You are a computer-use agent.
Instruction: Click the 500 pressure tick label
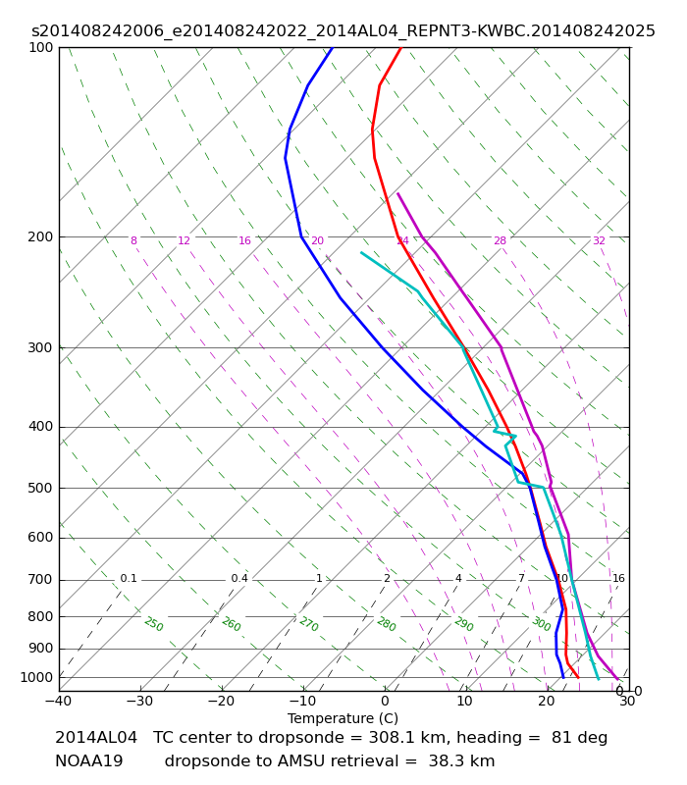coord(40,488)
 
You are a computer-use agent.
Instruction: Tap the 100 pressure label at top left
coord(40,47)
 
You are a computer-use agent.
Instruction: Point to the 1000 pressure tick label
coord(36,677)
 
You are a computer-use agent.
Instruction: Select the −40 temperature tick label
coord(59,701)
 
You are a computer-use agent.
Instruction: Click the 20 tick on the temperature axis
coord(547,701)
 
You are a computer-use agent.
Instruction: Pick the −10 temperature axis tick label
coord(302,701)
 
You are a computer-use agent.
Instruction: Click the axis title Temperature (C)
coord(343,718)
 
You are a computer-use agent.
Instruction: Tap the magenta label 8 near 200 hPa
coord(133,240)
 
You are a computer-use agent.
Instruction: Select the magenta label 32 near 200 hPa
coord(599,240)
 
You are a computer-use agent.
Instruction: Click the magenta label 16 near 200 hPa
coord(244,240)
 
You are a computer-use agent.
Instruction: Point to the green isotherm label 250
coord(154,624)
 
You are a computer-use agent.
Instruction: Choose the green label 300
coord(542,624)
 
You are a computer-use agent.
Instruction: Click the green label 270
coord(309,624)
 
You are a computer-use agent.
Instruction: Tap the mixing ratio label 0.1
coord(129,578)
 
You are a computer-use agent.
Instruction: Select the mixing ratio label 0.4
coord(239,578)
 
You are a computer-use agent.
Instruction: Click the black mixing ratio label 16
coord(618,578)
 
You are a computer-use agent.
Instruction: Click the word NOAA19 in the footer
coord(89,761)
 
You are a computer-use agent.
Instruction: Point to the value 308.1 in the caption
coord(388,738)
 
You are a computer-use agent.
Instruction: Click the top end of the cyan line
coord(361,253)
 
